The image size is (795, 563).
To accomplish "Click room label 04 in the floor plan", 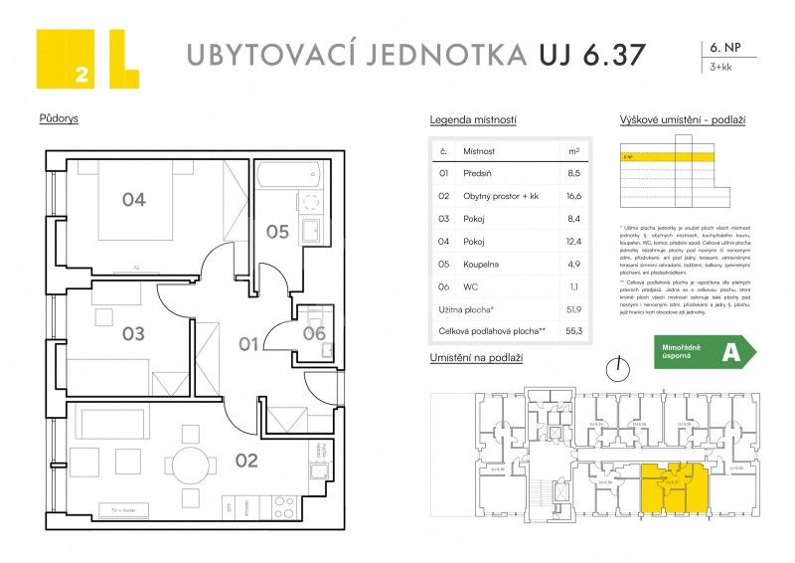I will tap(134, 200).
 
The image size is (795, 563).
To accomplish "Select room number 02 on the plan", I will tap(246, 460).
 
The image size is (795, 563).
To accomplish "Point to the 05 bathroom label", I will tap(277, 232).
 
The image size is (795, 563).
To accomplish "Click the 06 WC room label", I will tap(314, 333).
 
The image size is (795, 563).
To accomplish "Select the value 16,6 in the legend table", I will tap(573, 197).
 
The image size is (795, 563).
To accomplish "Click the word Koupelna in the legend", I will tap(483, 266).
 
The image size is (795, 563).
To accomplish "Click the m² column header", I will tap(573, 151).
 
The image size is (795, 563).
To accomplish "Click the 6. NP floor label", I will tap(722, 47).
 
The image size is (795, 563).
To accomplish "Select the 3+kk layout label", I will tap(719, 69).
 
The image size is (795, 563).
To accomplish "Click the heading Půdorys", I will tap(59, 118).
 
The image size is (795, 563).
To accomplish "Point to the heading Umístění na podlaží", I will tap(476, 356).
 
